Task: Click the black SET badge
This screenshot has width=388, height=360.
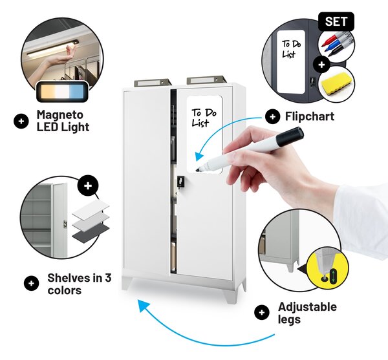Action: pos(336,21)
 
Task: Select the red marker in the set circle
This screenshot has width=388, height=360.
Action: pos(330,40)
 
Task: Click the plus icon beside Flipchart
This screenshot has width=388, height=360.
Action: pos(272,116)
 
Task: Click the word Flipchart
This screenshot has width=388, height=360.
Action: pos(310,116)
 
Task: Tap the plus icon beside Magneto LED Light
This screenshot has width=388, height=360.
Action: pos(21,121)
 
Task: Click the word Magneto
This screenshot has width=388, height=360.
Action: pos(60,115)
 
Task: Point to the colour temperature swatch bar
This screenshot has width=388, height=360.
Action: pos(62,92)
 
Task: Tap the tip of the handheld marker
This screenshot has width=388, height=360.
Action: pos(198,170)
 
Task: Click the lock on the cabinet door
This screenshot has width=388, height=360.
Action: pos(180,181)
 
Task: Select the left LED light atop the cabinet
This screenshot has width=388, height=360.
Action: pos(153,83)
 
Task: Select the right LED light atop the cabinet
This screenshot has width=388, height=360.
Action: pos(206,79)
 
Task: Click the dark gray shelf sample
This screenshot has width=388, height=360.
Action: pos(91,232)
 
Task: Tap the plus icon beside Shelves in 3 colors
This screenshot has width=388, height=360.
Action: pos(31,283)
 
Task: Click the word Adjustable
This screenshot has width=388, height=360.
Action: pos(307,307)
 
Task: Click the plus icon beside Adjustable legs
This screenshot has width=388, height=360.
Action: pos(261,312)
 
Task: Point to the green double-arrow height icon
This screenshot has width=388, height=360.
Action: pos(334,275)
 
